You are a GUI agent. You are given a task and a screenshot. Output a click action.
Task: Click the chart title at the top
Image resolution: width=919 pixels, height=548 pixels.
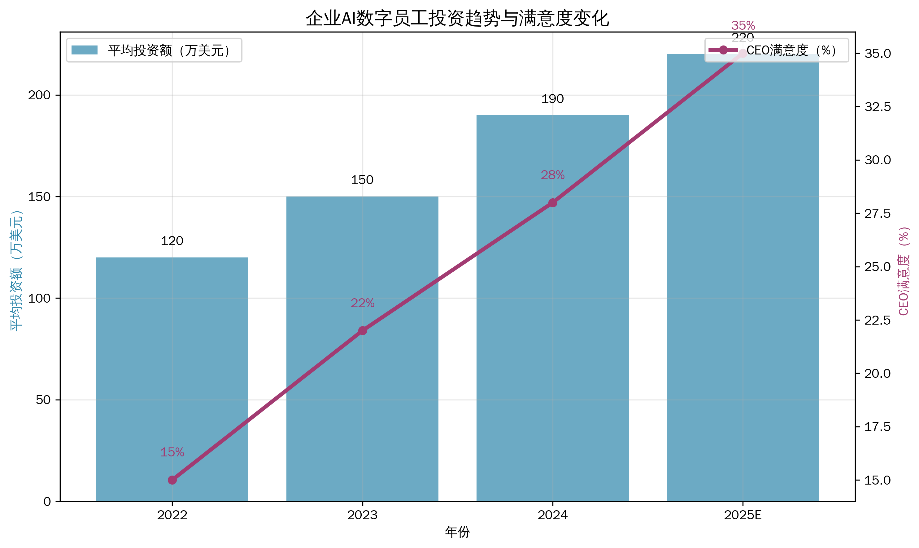tap(457, 19)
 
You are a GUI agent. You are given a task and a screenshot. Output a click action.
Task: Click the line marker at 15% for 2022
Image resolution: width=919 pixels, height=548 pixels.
tap(172, 480)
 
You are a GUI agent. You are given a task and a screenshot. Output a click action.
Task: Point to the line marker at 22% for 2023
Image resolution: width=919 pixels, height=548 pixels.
tap(363, 330)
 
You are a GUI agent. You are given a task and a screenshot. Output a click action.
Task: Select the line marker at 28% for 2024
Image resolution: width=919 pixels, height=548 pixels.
tap(552, 203)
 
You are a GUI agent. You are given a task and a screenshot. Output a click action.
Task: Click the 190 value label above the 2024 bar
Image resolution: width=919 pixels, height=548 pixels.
tap(552, 99)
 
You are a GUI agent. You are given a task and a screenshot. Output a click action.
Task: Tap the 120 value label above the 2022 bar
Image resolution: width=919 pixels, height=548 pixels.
tap(172, 241)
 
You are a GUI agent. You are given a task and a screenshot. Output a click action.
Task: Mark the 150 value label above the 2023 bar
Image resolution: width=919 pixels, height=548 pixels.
tap(362, 180)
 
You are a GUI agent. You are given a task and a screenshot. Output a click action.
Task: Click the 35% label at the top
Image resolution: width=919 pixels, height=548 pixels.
tap(743, 25)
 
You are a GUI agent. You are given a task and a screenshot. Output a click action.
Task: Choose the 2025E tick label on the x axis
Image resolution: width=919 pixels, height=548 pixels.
tap(743, 515)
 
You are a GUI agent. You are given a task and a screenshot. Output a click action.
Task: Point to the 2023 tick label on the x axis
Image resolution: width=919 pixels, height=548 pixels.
tap(362, 515)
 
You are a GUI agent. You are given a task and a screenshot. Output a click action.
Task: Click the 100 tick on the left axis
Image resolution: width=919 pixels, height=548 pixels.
tap(39, 298)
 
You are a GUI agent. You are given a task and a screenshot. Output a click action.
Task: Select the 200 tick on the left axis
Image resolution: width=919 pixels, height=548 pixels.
tap(39, 95)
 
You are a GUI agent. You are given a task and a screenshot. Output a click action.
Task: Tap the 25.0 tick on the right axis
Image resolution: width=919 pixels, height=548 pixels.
tap(878, 267)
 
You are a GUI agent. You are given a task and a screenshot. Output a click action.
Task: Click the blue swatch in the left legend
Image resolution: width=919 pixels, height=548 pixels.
tap(84, 50)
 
